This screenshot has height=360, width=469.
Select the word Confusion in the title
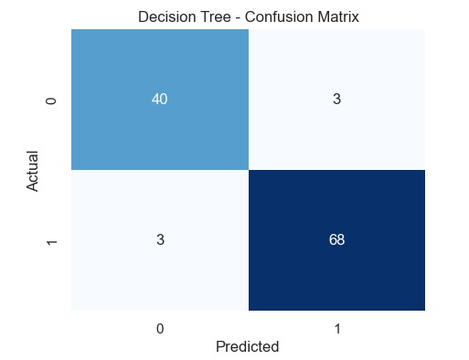pos(270,16)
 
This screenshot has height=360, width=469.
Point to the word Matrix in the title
pos(329,16)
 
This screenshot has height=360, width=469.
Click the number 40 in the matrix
pos(160,101)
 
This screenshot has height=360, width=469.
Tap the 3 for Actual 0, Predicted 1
pos(337,101)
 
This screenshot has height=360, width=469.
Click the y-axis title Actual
pos(34,171)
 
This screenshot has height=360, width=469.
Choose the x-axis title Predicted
pos(247,346)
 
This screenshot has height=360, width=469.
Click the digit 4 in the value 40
pos(156,101)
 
